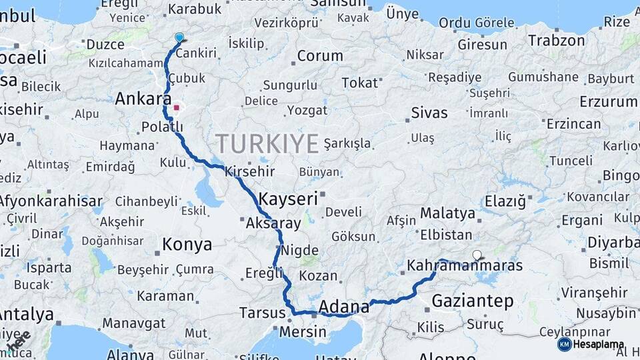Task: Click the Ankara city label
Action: [x=143, y=99]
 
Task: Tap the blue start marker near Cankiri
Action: [x=179, y=38]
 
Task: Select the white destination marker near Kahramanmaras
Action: [x=477, y=255]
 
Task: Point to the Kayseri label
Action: [x=288, y=199]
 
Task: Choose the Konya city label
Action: [x=187, y=245]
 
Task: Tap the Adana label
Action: [x=344, y=307]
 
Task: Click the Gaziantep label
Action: [x=473, y=301]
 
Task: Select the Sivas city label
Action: [x=429, y=112]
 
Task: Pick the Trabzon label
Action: [x=557, y=41]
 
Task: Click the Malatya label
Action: [x=447, y=214]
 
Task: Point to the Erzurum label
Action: [x=608, y=102]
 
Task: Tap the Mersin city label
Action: [x=303, y=331]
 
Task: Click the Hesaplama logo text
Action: [x=599, y=345]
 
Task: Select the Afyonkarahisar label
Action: [x=51, y=201]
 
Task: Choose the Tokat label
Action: [x=359, y=83]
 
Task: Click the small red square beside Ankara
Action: [x=176, y=107]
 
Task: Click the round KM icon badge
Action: [x=564, y=345]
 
